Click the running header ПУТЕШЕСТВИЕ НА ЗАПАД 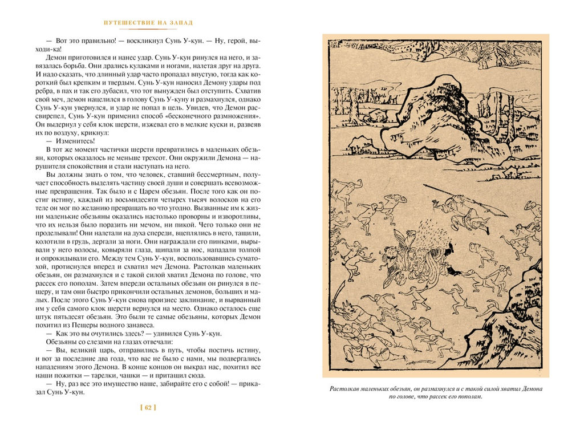tap(148, 23)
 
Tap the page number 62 tap(148, 408)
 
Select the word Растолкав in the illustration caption tap(346, 389)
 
